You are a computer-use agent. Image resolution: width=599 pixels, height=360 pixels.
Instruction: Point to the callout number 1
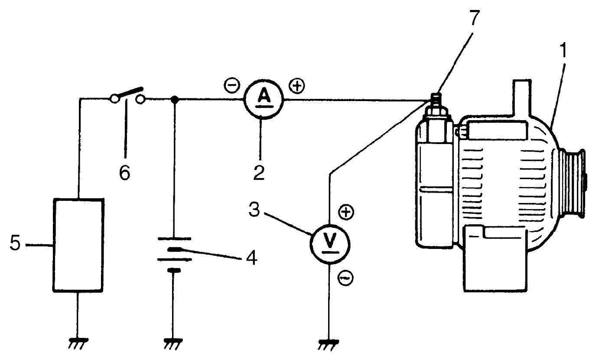(x=563, y=50)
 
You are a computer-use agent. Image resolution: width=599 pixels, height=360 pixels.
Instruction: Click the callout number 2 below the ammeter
(x=259, y=173)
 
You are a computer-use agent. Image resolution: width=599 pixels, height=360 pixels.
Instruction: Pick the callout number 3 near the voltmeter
(x=254, y=209)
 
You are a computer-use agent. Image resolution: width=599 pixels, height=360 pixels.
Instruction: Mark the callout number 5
(x=15, y=243)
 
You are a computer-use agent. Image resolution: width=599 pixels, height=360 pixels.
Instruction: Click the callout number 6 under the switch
(x=125, y=173)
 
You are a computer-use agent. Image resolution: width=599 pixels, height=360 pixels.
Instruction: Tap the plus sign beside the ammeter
(x=297, y=86)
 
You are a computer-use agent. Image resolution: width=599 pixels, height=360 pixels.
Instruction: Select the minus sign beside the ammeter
(x=231, y=85)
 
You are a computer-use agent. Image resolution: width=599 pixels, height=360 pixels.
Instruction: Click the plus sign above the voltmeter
(x=346, y=212)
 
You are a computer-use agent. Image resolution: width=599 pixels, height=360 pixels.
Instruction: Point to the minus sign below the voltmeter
(x=346, y=278)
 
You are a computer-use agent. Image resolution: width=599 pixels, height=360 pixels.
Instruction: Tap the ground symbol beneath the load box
(x=78, y=344)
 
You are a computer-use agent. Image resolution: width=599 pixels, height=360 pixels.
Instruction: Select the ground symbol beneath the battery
(x=173, y=344)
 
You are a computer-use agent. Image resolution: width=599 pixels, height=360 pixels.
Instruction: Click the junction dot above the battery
(x=175, y=100)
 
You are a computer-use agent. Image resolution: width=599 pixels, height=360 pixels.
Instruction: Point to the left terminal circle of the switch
(x=114, y=99)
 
